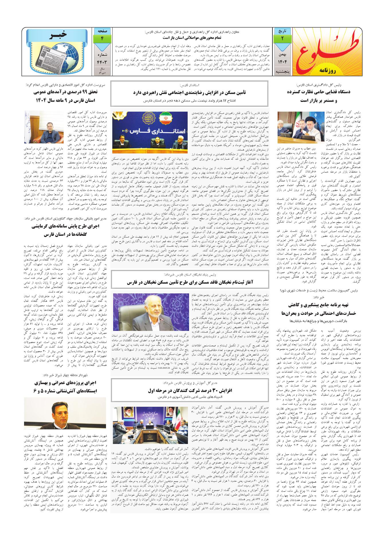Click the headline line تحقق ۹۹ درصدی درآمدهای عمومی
click(65, 93)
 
